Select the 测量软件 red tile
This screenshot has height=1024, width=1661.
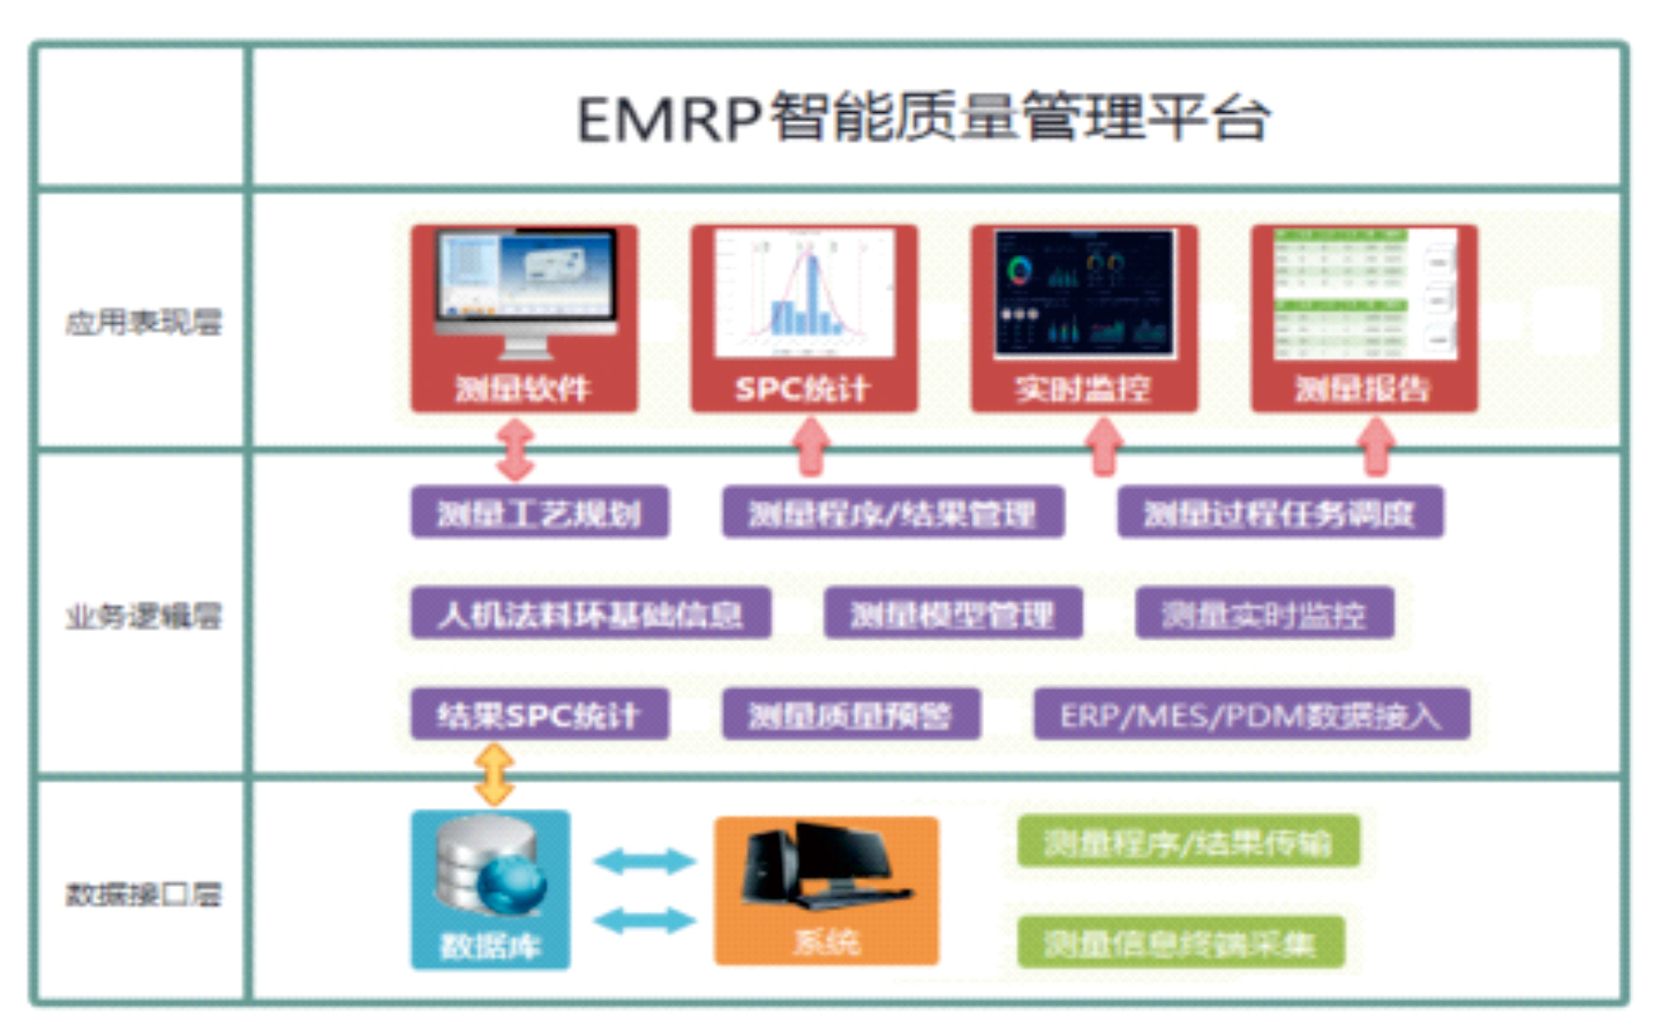coord(524,317)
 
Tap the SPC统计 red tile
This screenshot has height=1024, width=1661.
coord(804,317)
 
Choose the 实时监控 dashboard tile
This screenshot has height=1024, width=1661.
coord(1084,317)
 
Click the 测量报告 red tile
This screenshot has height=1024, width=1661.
coord(1364,317)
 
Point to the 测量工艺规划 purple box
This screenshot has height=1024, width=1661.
coord(540,512)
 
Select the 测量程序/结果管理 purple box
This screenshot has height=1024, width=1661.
coord(893,512)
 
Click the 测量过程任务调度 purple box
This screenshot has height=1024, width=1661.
coord(1280,512)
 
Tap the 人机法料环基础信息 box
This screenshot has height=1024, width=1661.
coord(590,613)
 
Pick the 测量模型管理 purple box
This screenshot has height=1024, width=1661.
coord(952,613)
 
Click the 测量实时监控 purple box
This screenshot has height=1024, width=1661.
coord(1264,613)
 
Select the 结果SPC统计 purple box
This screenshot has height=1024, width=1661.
coord(540,714)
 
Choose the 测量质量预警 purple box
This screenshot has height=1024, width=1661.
coord(851,714)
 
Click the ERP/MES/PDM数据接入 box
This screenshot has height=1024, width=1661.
coord(1251,714)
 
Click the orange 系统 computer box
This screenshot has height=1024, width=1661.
coord(826,889)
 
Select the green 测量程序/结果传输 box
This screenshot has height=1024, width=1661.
coord(1187,842)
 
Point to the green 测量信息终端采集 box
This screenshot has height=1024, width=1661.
coord(1180,943)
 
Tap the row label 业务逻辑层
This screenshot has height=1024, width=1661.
coord(143,615)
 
